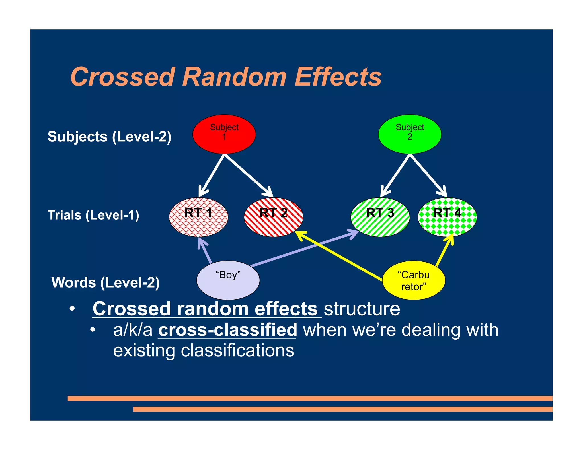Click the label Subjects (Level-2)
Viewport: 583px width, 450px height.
pos(109,137)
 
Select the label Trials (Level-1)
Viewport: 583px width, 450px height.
pos(93,215)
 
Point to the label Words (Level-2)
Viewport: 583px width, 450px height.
pos(105,282)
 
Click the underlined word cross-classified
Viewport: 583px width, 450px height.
pos(227,330)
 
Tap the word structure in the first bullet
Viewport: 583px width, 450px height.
pos(362,309)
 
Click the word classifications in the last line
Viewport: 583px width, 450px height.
pos(237,350)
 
